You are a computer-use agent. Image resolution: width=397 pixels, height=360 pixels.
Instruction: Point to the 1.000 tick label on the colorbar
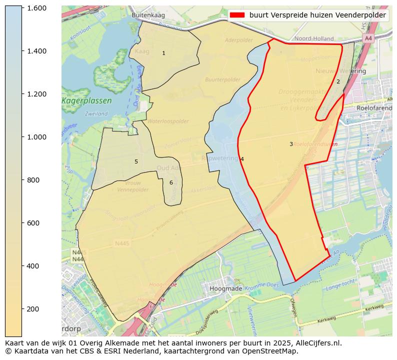click(36, 137)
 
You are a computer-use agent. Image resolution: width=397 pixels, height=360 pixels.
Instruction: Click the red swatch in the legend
click(237, 15)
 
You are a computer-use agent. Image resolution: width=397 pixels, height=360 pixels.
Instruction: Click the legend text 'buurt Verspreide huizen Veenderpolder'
click(317, 15)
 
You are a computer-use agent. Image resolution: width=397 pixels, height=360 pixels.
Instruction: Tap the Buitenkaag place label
click(148, 15)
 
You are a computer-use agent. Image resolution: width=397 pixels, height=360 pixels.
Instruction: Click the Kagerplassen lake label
click(86, 101)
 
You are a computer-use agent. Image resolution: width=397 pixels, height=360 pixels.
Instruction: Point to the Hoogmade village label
click(226, 288)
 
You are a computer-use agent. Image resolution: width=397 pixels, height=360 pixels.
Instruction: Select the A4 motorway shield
click(368, 38)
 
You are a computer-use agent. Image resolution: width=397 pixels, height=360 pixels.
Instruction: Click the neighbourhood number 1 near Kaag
click(163, 53)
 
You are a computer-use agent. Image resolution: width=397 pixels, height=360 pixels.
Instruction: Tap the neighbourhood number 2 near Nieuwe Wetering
click(338, 81)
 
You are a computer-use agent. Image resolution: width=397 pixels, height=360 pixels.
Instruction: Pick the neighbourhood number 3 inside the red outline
click(291, 144)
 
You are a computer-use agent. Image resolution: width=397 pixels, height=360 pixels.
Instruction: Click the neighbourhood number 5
click(136, 161)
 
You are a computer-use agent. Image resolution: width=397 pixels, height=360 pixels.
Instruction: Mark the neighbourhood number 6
click(171, 182)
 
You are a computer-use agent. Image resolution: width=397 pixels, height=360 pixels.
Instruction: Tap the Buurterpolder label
click(222, 79)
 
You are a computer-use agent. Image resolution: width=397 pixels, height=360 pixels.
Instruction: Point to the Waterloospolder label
click(168, 121)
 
